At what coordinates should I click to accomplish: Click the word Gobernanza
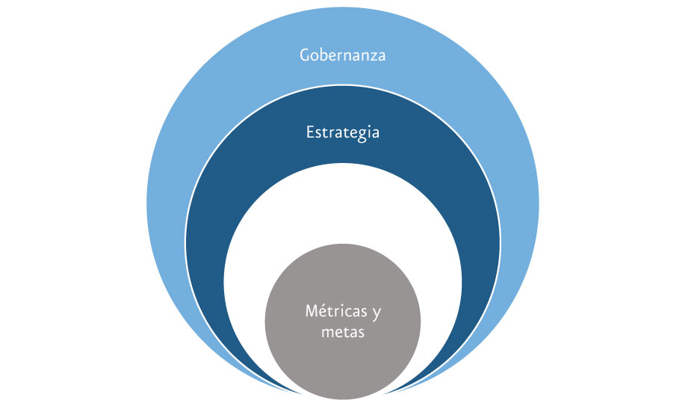click(343, 55)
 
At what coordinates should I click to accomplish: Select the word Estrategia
click(343, 133)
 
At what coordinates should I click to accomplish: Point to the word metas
click(343, 332)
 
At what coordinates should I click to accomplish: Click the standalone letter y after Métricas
click(377, 313)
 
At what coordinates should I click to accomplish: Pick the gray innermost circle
click(343, 322)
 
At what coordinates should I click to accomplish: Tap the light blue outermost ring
click(343, 27)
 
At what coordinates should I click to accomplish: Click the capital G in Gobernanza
click(306, 55)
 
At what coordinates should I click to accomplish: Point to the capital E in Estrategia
click(310, 132)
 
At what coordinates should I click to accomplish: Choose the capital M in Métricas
click(313, 311)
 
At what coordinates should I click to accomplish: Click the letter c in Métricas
click(350, 313)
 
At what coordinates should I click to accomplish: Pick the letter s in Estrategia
click(320, 135)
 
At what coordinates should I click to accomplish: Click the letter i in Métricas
click(343, 311)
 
